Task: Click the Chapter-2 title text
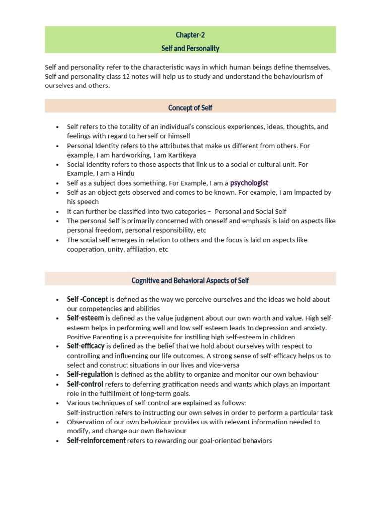190,35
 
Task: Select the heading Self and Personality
190,48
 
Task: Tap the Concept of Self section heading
190,108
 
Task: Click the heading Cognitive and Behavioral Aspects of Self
190,281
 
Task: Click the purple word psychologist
249,183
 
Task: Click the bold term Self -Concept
87,299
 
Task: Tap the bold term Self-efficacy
86,346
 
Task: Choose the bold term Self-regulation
90,374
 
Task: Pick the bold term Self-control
85,384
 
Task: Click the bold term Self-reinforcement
96,440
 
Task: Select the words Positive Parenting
92,337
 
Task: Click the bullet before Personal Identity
58,146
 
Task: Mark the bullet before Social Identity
58,165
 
